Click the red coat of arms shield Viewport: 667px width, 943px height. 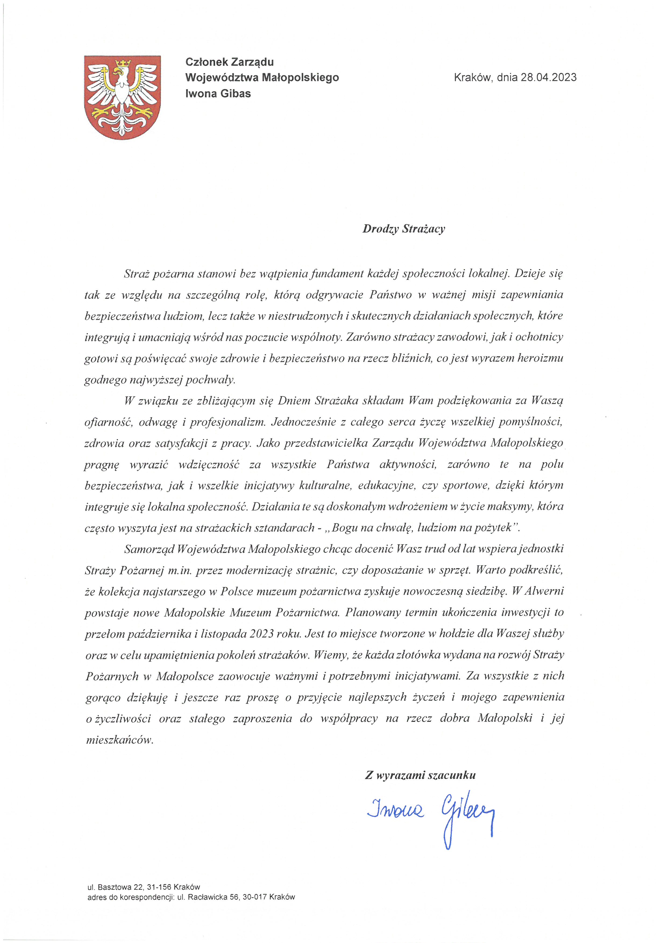(x=122, y=97)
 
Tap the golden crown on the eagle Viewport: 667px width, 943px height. (x=122, y=64)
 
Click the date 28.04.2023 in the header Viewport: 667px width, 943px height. (x=549, y=77)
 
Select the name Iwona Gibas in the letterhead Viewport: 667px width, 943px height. (x=218, y=94)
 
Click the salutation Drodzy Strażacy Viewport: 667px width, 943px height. (x=403, y=229)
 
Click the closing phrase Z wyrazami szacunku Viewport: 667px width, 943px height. (x=420, y=775)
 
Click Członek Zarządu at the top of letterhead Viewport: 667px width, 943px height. (x=230, y=62)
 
